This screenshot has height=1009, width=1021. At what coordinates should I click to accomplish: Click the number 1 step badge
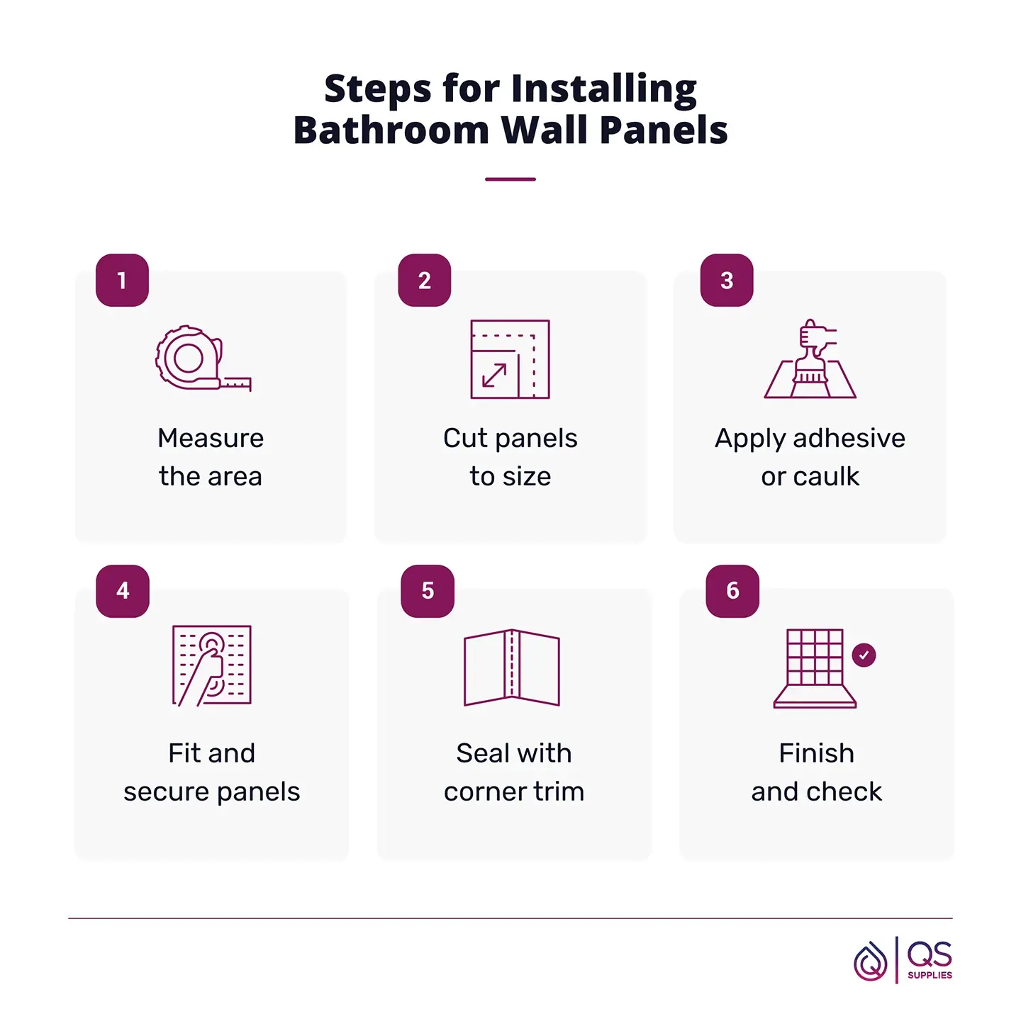tap(122, 280)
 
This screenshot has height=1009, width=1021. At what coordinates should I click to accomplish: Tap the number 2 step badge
tap(425, 280)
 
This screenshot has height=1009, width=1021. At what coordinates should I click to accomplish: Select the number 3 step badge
tap(727, 280)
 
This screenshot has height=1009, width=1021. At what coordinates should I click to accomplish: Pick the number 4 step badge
tap(123, 590)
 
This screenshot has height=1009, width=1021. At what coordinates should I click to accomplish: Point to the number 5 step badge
tap(428, 590)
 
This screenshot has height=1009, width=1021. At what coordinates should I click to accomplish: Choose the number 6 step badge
tap(732, 590)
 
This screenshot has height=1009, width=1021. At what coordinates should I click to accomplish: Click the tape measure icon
tap(203, 359)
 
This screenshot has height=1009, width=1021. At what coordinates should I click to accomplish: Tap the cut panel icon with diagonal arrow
tap(510, 359)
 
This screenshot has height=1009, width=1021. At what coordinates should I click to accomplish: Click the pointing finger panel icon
tap(211, 666)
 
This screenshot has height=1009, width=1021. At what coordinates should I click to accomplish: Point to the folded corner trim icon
tap(511, 667)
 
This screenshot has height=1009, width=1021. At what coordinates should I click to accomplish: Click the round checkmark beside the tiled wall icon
tap(864, 655)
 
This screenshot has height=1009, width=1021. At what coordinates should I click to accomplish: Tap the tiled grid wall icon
tap(815, 668)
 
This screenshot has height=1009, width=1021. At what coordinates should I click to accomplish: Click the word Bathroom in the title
tap(391, 130)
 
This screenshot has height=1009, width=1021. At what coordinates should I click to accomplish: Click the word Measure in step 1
tap(211, 438)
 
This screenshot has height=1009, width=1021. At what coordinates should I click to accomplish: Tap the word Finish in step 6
tap(817, 752)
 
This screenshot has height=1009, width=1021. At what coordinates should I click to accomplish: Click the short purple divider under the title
tap(510, 179)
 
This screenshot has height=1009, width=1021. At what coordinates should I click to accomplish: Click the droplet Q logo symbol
tap(870, 962)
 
